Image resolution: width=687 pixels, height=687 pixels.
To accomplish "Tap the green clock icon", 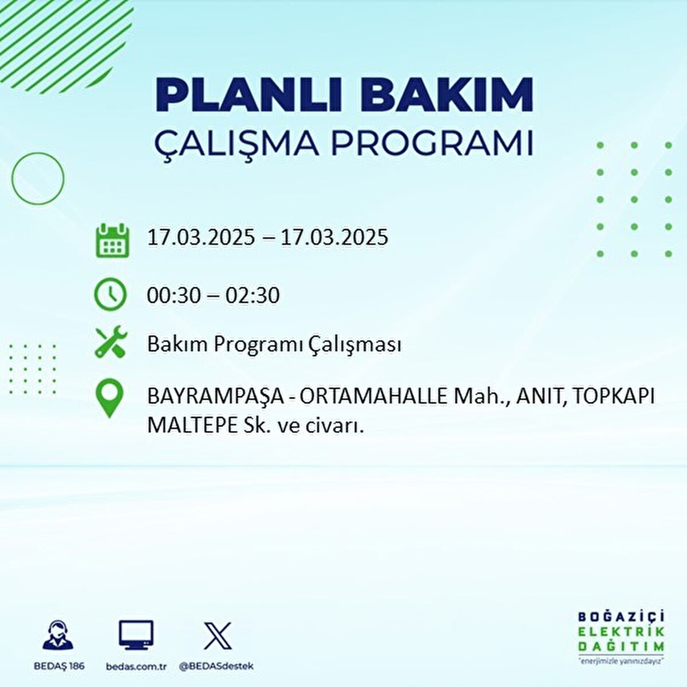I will (110, 294).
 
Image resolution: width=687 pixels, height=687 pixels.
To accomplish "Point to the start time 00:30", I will (174, 295).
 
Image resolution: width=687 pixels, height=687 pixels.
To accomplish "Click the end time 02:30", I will (252, 295).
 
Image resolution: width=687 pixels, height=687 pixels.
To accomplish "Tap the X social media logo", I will (218, 636).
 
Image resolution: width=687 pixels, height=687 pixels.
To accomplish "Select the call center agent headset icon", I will (58, 636).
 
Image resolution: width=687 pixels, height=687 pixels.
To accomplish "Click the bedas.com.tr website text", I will (136, 666).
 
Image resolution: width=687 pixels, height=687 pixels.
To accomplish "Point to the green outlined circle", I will (38, 179).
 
